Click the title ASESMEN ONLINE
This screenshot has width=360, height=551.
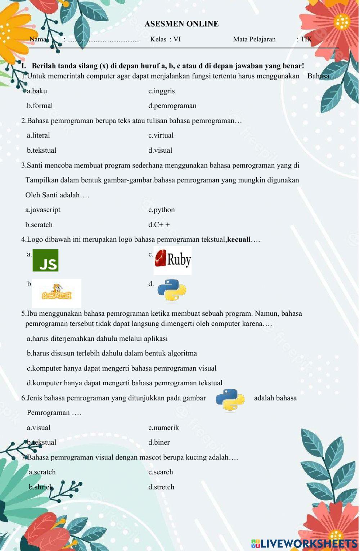click(181, 24)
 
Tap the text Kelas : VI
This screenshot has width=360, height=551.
click(165, 39)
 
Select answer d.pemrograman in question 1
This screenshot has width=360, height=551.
click(172, 106)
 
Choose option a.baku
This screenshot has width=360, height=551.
click(37, 91)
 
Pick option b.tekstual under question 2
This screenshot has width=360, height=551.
click(41, 151)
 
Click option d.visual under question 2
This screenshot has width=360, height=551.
click(160, 151)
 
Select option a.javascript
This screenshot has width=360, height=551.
click(43, 210)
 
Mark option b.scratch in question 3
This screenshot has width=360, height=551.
click(39, 225)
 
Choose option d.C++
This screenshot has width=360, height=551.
click(159, 225)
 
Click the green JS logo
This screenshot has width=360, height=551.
click(45, 260)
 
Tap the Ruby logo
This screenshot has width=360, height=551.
click(173, 260)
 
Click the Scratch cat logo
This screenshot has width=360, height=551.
click(57, 293)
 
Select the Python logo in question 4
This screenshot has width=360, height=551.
click(172, 290)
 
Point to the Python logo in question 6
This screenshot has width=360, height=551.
click(230, 400)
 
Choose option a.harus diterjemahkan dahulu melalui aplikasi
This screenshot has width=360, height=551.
click(97, 339)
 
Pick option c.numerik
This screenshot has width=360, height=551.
click(163, 428)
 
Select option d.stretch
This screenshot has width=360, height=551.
click(161, 487)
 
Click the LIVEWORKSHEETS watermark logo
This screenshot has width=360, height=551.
click(304, 543)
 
